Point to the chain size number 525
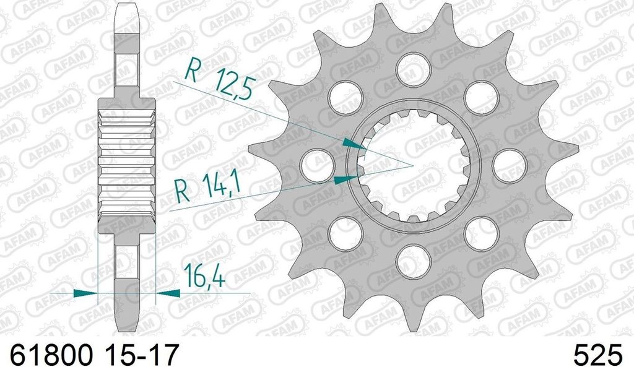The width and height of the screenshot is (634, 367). click(x=597, y=355)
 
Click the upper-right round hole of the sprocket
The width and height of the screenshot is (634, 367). click(x=481, y=95)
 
